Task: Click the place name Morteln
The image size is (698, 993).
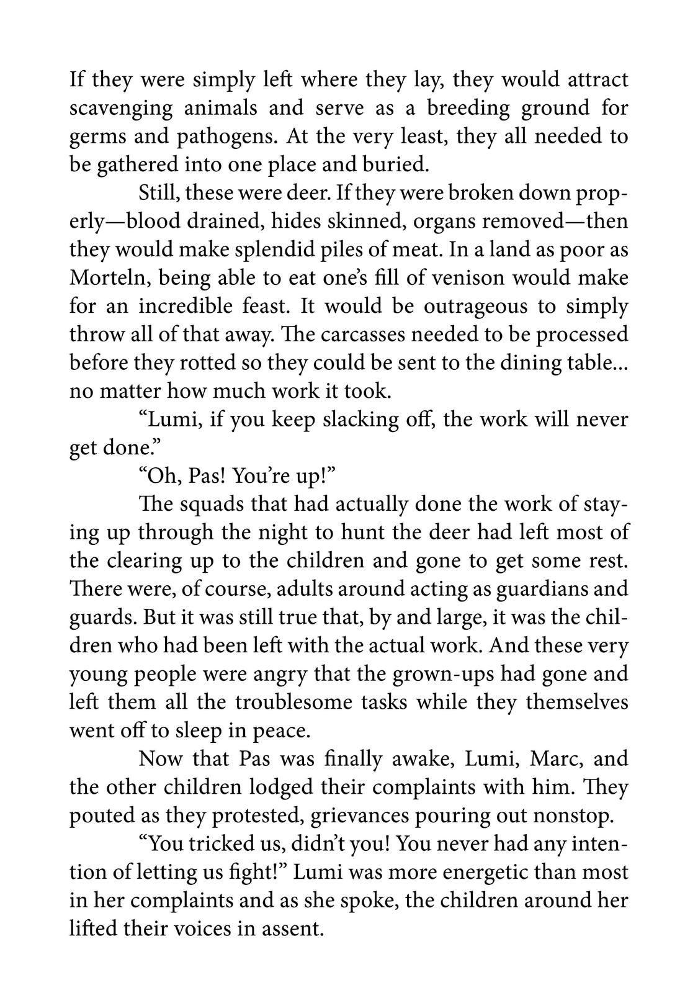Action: [x=109, y=277]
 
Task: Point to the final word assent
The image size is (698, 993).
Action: [x=294, y=928]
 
